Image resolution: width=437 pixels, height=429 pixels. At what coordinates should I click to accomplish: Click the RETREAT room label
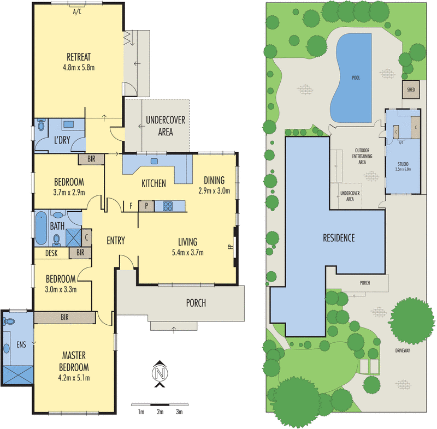(78, 57)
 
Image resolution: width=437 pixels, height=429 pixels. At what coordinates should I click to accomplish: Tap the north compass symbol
(160, 373)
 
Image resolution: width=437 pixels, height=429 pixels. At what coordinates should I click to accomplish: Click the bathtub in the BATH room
(41, 229)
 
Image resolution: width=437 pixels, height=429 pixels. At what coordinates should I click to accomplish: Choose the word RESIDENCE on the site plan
(339, 238)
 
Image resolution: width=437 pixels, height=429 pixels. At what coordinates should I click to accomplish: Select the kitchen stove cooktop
(167, 206)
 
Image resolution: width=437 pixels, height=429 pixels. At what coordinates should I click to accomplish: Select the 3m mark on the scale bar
(179, 412)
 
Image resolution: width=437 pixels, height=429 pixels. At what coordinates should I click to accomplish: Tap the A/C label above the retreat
(78, 11)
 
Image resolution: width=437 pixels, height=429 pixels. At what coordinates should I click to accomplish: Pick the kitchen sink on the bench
(154, 161)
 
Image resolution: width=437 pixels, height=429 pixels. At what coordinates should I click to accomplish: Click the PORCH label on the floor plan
(196, 303)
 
